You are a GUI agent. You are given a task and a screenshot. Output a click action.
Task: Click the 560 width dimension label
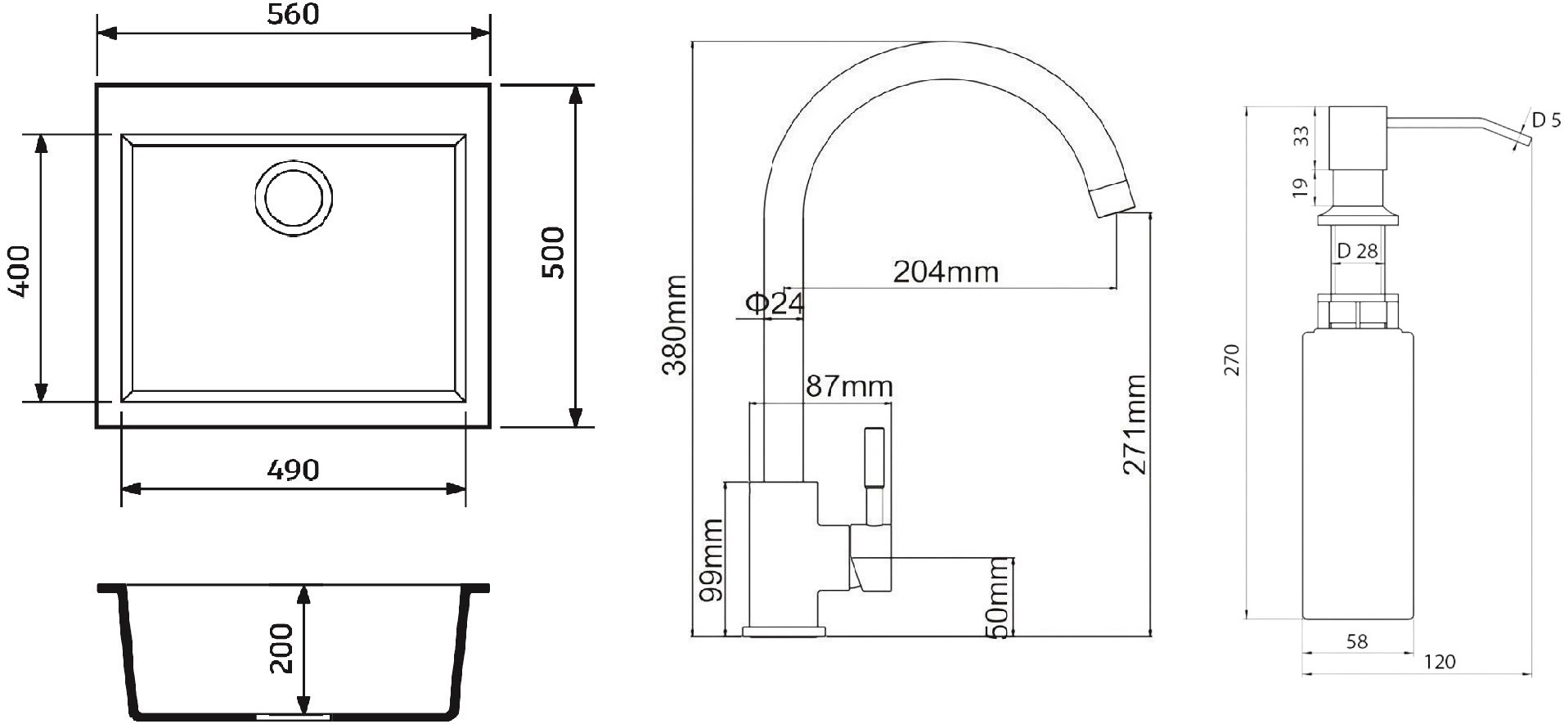[294, 15]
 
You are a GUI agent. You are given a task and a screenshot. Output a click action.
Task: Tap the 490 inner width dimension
[294, 470]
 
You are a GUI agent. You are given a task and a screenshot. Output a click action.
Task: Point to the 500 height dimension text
[553, 254]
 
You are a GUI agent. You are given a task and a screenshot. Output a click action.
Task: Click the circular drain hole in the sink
[294, 198]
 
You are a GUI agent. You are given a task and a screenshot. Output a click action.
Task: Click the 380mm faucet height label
[675, 325]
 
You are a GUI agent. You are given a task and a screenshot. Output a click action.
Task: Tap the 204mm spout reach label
[946, 272]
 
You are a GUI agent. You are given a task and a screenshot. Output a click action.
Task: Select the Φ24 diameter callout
[775, 304]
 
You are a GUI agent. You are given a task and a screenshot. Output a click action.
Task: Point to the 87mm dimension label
[849, 386]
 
